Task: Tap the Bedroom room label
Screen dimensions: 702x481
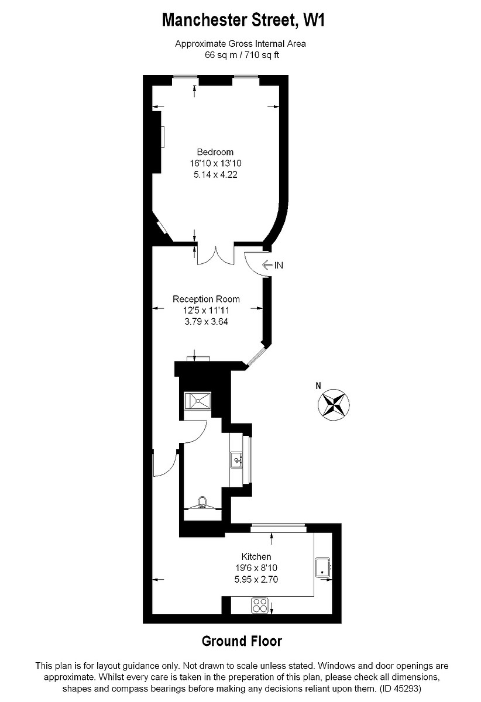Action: [x=215, y=153]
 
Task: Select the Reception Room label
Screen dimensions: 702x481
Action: [x=206, y=299]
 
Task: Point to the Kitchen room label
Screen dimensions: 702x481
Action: [x=256, y=556]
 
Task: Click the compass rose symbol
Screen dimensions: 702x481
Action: [x=334, y=404]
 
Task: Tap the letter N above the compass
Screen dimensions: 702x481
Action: [x=318, y=386]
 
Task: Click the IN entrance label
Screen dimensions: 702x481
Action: [x=279, y=265]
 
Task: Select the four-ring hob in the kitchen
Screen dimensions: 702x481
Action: [x=260, y=605]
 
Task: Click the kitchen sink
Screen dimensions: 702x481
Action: [x=323, y=567]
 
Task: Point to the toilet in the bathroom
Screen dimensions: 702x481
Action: [x=202, y=502]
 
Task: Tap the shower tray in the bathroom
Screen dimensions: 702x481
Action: [x=198, y=401]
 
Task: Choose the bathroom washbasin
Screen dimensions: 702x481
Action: [x=237, y=459]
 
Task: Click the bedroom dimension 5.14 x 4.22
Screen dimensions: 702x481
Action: [x=214, y=174]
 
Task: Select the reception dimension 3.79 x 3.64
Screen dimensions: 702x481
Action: [x=206, y=320]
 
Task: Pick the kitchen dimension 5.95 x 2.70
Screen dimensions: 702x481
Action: [x=256, y=580]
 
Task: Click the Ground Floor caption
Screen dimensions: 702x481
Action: [x=242, y=641]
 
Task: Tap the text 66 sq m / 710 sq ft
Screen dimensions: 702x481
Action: [x=240, y=54]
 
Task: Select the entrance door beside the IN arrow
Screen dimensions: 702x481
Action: [x=254, y=263]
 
